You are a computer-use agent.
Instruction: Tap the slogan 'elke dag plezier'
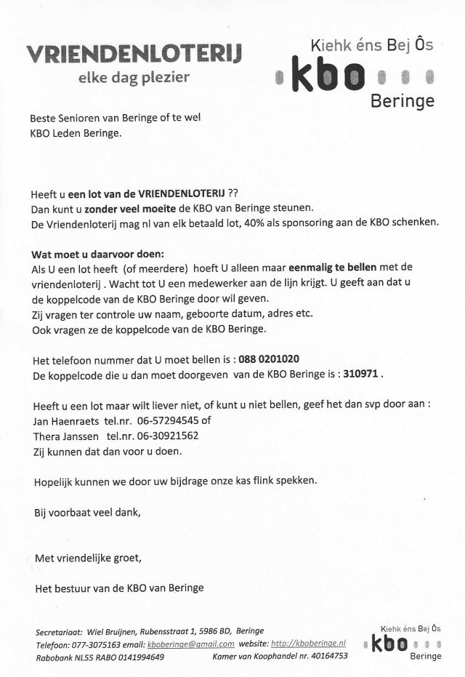coord(134,76)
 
